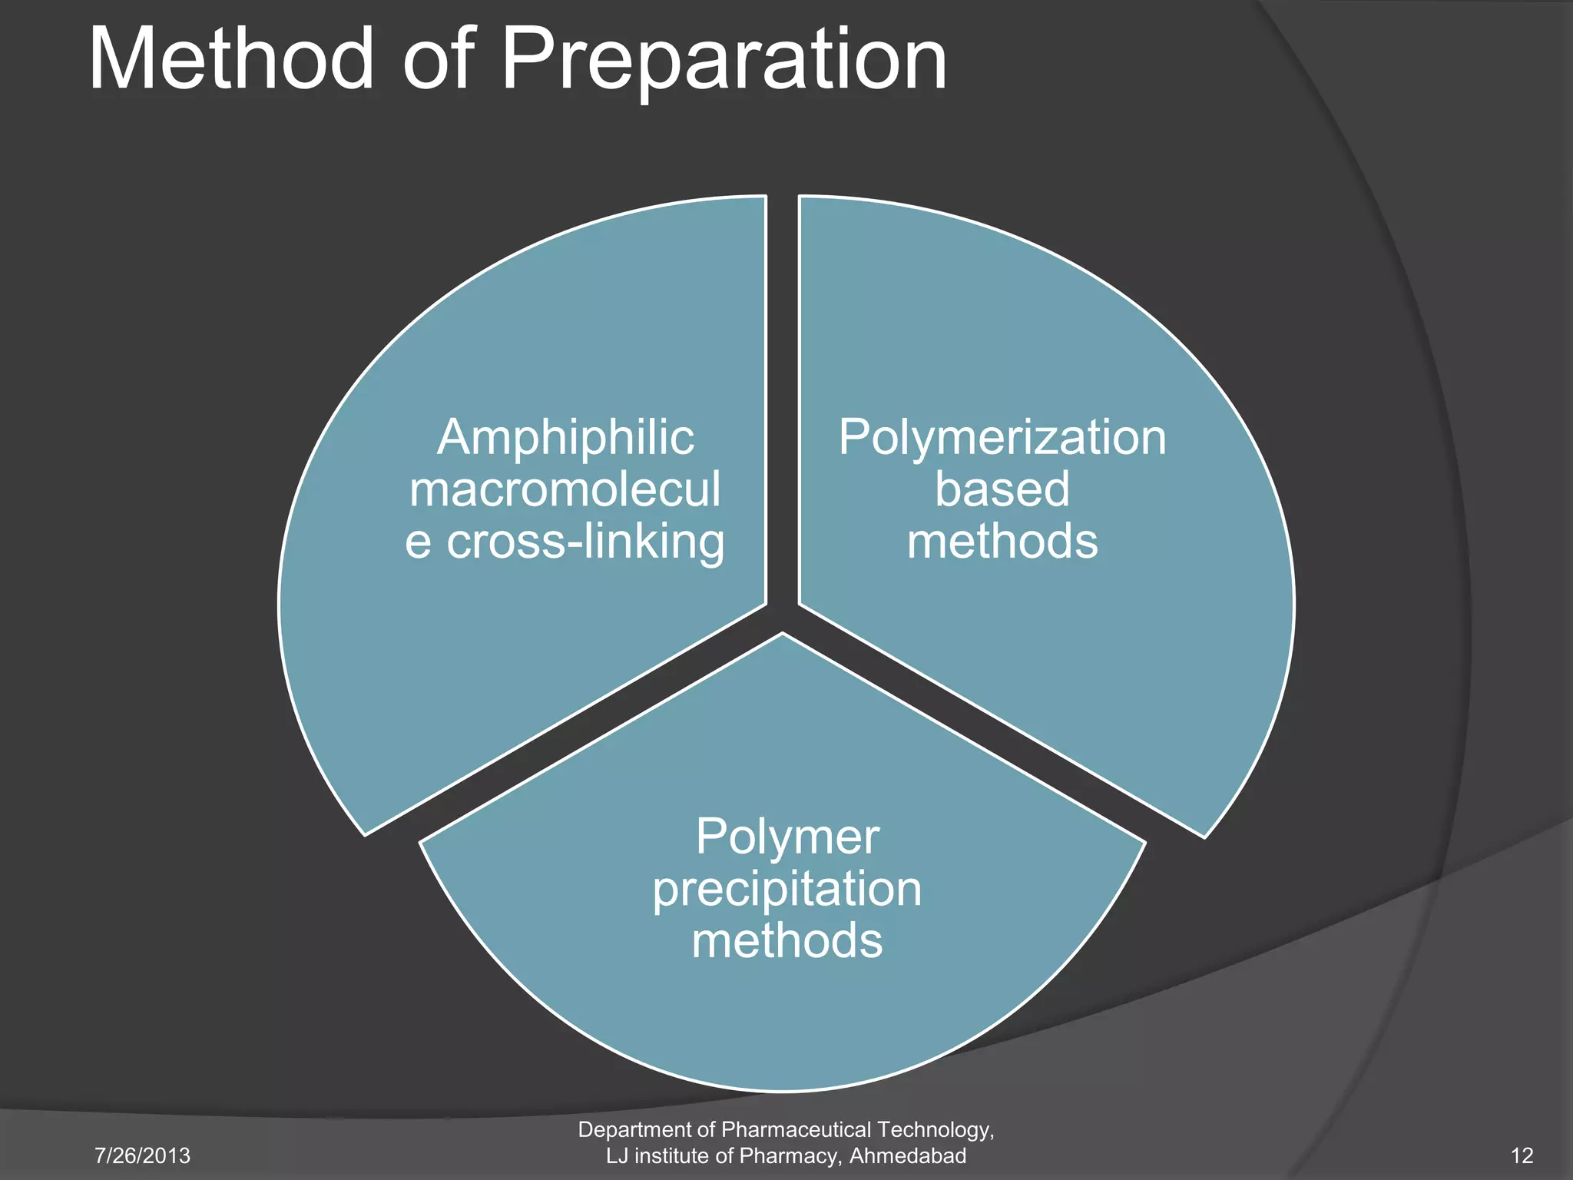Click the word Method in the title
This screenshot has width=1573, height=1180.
pos(231,60)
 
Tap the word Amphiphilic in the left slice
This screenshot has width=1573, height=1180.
pos(565,438)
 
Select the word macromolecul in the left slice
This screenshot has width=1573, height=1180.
pos(565,489)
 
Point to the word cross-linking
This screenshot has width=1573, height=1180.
pos(585,542)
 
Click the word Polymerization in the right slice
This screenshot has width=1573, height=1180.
pos(1002,438)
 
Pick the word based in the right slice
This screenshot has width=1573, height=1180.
pos(1002,489)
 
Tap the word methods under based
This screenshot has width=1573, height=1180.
pos(1002,542)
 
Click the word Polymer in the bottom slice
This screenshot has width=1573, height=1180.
pos(787,837)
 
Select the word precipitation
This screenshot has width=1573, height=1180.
pos(787,889)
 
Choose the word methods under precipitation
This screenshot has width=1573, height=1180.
pos(787,940)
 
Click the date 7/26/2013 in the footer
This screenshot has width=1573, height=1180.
pos(142,1155)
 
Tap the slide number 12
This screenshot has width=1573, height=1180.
pos(1522,1155)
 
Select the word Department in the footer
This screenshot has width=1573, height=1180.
pos(636,1130)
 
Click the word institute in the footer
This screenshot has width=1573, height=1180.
pos(669,1155)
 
